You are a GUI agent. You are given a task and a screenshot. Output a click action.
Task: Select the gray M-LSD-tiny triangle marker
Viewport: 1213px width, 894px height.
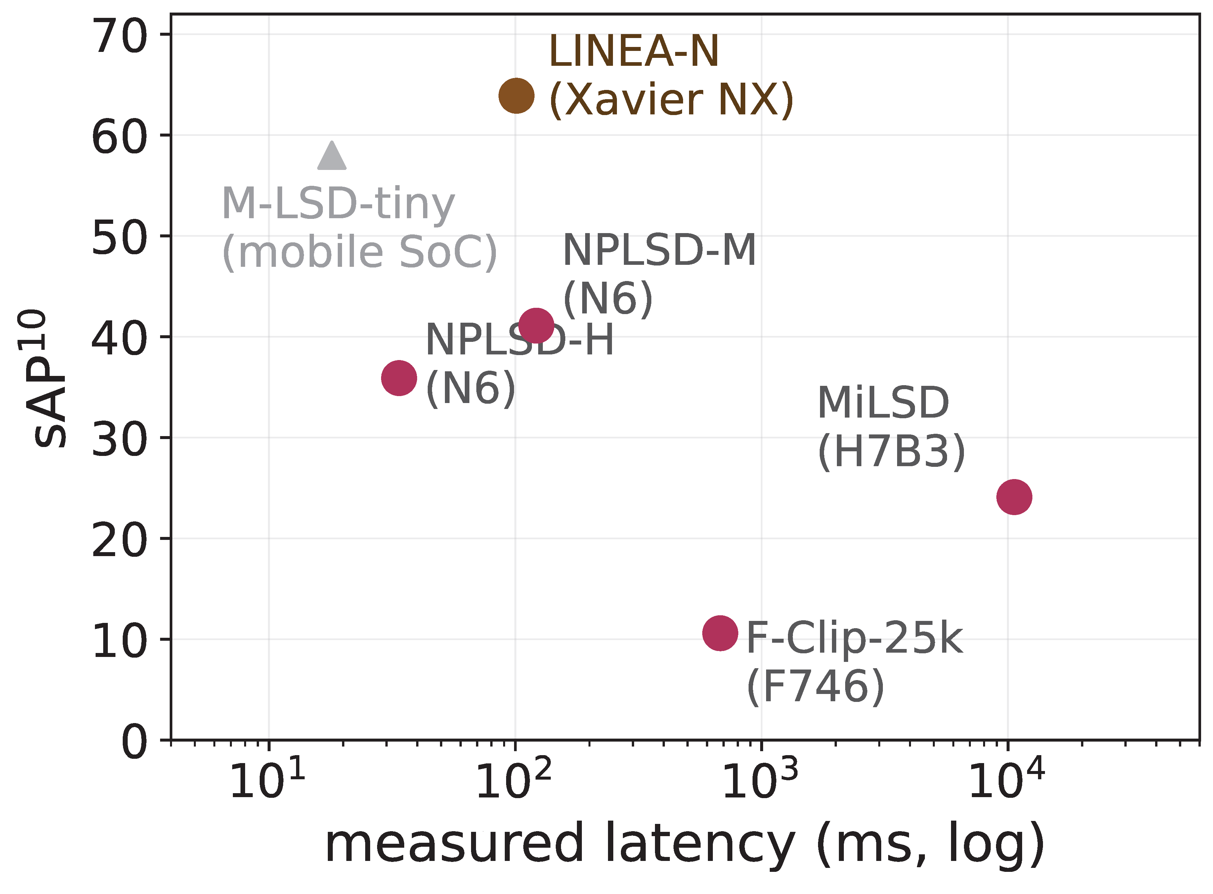pyautogui.click(x=332, y=156)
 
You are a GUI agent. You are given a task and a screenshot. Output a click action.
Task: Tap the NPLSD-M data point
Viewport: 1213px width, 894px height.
pyautogui.click(x=536, y=325)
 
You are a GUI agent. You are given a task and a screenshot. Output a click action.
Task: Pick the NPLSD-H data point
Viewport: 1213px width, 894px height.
pyautogui.click(x=399, y=377)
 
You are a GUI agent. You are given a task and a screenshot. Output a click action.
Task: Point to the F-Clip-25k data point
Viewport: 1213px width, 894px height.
pyautogui.click(x=720, y=632)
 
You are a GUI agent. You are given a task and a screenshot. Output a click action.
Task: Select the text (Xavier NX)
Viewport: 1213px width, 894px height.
pyautogui.click(x=671, y=100)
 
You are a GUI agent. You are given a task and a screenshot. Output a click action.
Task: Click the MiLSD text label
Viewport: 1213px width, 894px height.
pyautogui.click(x=883, y=403)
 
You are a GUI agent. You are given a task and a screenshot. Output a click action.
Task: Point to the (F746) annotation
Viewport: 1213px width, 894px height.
pyautogui.click(x=815, y=687)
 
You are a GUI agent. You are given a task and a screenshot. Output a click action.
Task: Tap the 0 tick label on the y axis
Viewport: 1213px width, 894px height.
pyautogui.click(x=134, y=741)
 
